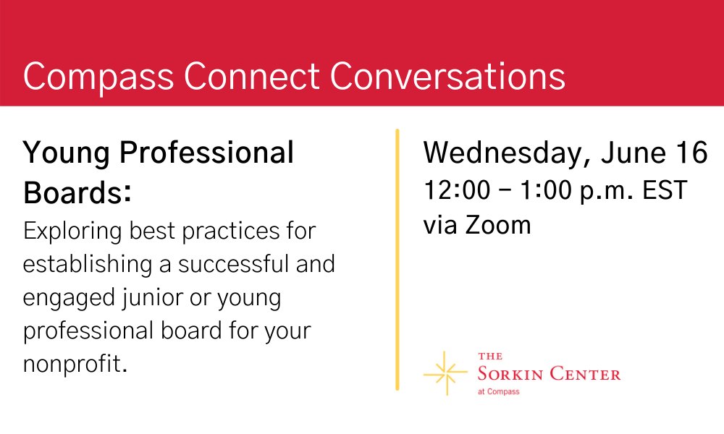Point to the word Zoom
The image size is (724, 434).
(x=497, y=225)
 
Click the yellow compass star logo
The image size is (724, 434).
(x=445, y=373)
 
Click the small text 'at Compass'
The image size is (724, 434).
(x=498, y=392)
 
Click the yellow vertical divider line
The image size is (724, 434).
(x=397, y=260)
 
